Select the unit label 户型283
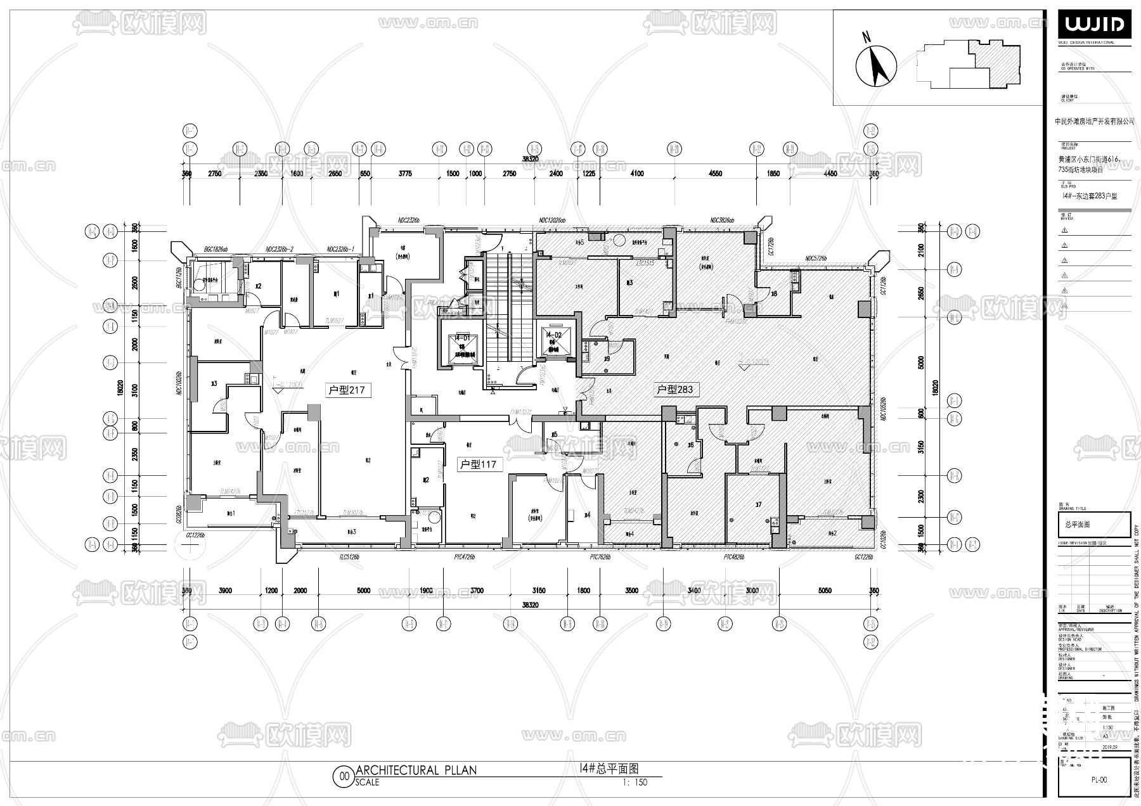tap(674, 389)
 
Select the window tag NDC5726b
tap(817, 259)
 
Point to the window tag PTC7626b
tap(600, 557)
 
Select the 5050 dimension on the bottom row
tap(824, 591)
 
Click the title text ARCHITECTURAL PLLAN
tap(416, 771)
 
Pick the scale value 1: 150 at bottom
tap(635, 782)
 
